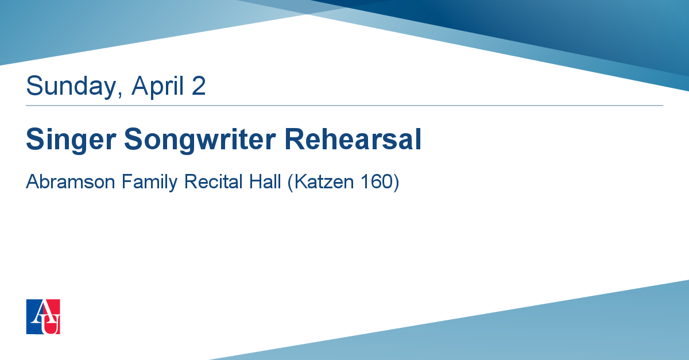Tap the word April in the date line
point(157,86)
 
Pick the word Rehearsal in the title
point(353,139)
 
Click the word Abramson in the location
point(71,181)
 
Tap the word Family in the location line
point(150,182)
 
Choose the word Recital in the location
point(214,181)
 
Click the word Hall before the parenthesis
point(265,181)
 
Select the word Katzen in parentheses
point(324,181)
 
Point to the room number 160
point(376,181)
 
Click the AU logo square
point(43,316)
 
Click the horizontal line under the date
point(344,106)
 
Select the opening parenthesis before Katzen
point(291,183)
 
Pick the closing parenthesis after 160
point(396,183)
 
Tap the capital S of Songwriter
point(133,139)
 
